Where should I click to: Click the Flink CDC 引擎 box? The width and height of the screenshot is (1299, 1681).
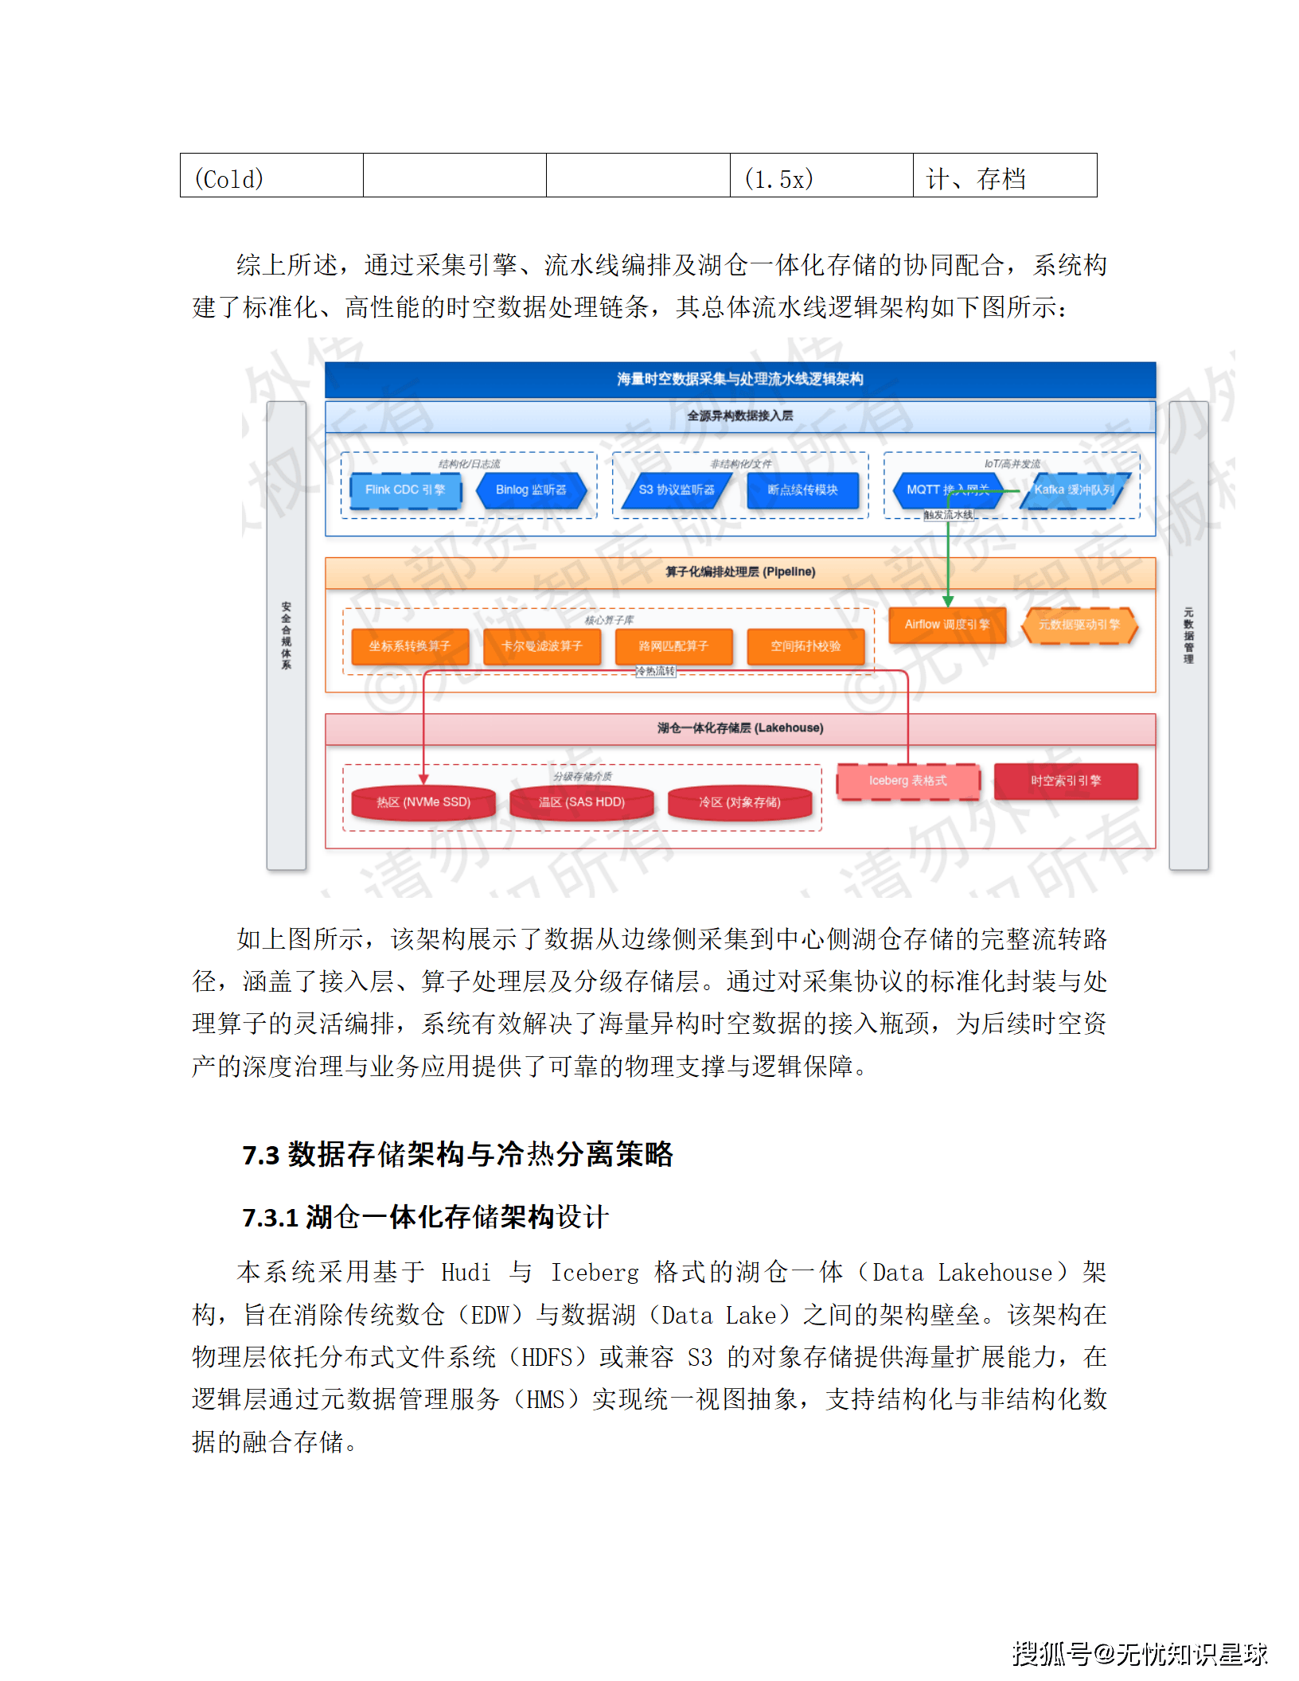(405, 489)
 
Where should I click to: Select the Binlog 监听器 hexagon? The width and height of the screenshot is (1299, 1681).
(531, 489)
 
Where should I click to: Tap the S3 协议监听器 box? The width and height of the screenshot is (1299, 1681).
(677, 489)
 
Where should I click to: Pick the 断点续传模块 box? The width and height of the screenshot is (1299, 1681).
(802, 489)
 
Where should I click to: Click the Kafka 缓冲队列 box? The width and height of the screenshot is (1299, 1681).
(1074, 489)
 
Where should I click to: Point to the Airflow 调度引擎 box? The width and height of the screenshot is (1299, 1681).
(947, 624)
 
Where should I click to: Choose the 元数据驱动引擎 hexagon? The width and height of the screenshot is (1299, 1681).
(1079, 624)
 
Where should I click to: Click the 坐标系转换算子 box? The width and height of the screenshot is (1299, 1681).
(409, 645)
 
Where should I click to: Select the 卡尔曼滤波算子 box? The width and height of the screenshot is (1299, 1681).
(541, 645)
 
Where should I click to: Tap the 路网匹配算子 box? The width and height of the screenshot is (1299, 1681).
(673, 645)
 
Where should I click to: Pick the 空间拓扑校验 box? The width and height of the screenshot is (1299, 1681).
(806, 645)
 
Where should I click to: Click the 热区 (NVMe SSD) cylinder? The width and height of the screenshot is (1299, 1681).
(423, 802)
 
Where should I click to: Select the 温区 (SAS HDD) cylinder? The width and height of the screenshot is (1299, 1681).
(581, 802)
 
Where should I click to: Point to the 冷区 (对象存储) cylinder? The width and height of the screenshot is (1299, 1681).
(739, 802)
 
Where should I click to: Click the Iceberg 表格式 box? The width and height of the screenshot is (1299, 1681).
(908, 781)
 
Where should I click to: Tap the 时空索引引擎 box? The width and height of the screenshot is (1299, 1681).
(1066, 781)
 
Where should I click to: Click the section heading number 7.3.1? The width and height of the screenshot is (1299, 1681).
(271, 1217)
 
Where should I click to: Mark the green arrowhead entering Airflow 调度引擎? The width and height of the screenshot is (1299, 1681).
(948, 602)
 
